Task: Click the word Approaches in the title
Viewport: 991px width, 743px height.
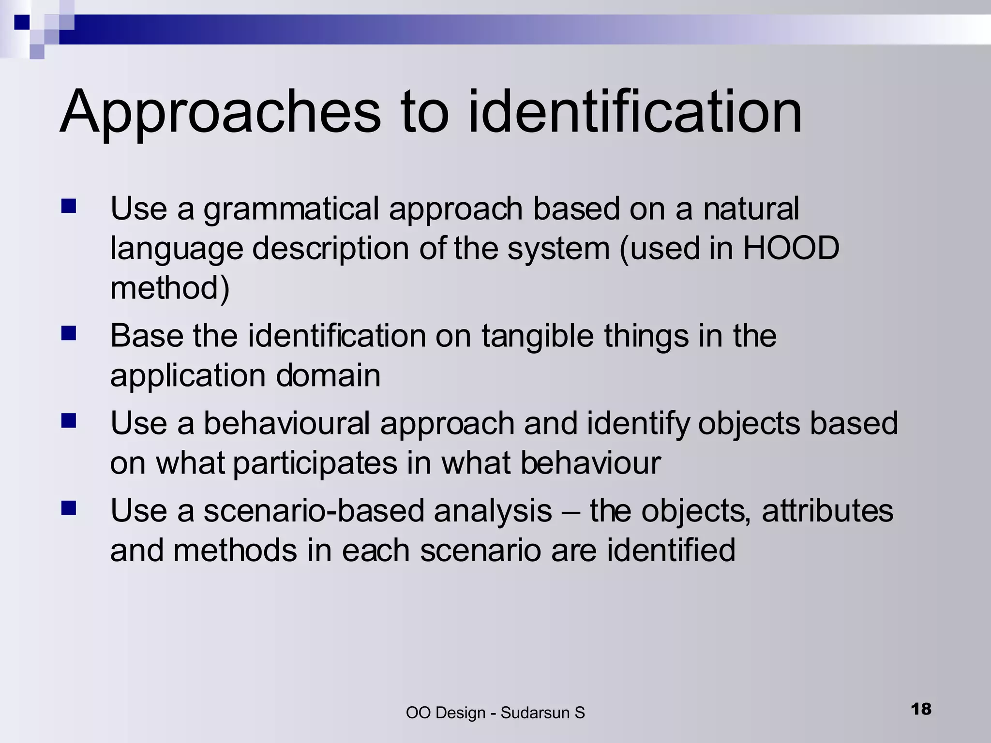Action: click(221, 112)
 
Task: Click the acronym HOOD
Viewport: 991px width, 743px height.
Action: click(791, 249)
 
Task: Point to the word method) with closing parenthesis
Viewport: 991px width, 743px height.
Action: click(170, 288)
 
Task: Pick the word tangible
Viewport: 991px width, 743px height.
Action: click(538, 336)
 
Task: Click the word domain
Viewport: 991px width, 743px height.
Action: click(328, 375)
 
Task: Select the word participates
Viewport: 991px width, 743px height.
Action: click(315, 463)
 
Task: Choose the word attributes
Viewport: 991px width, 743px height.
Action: click(827, 511)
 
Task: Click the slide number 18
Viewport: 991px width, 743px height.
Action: click(921, 709)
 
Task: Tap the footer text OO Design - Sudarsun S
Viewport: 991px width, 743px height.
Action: click(495, 713)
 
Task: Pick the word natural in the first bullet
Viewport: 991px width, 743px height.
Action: click(751, 209)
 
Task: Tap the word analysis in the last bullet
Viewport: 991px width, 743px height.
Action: click(493, 511)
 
